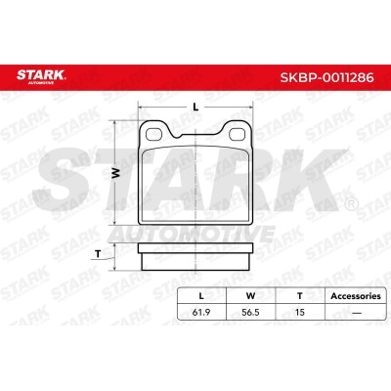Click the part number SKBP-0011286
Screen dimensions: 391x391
tap(326, 77)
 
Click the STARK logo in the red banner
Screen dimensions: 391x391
tap(41, 76)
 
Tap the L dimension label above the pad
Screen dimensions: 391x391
tap(195, 107)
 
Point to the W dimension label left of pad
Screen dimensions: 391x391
tap(115, 173)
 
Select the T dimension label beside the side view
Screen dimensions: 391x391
tap(98, 254)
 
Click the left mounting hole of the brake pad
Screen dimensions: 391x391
tap(153, 134)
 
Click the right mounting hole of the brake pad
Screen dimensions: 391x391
tap(238, 134)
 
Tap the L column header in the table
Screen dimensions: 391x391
tap(201, 296)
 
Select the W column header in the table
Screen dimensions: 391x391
tap(250, 296)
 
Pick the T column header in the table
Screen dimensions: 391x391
tap(300, 296)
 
